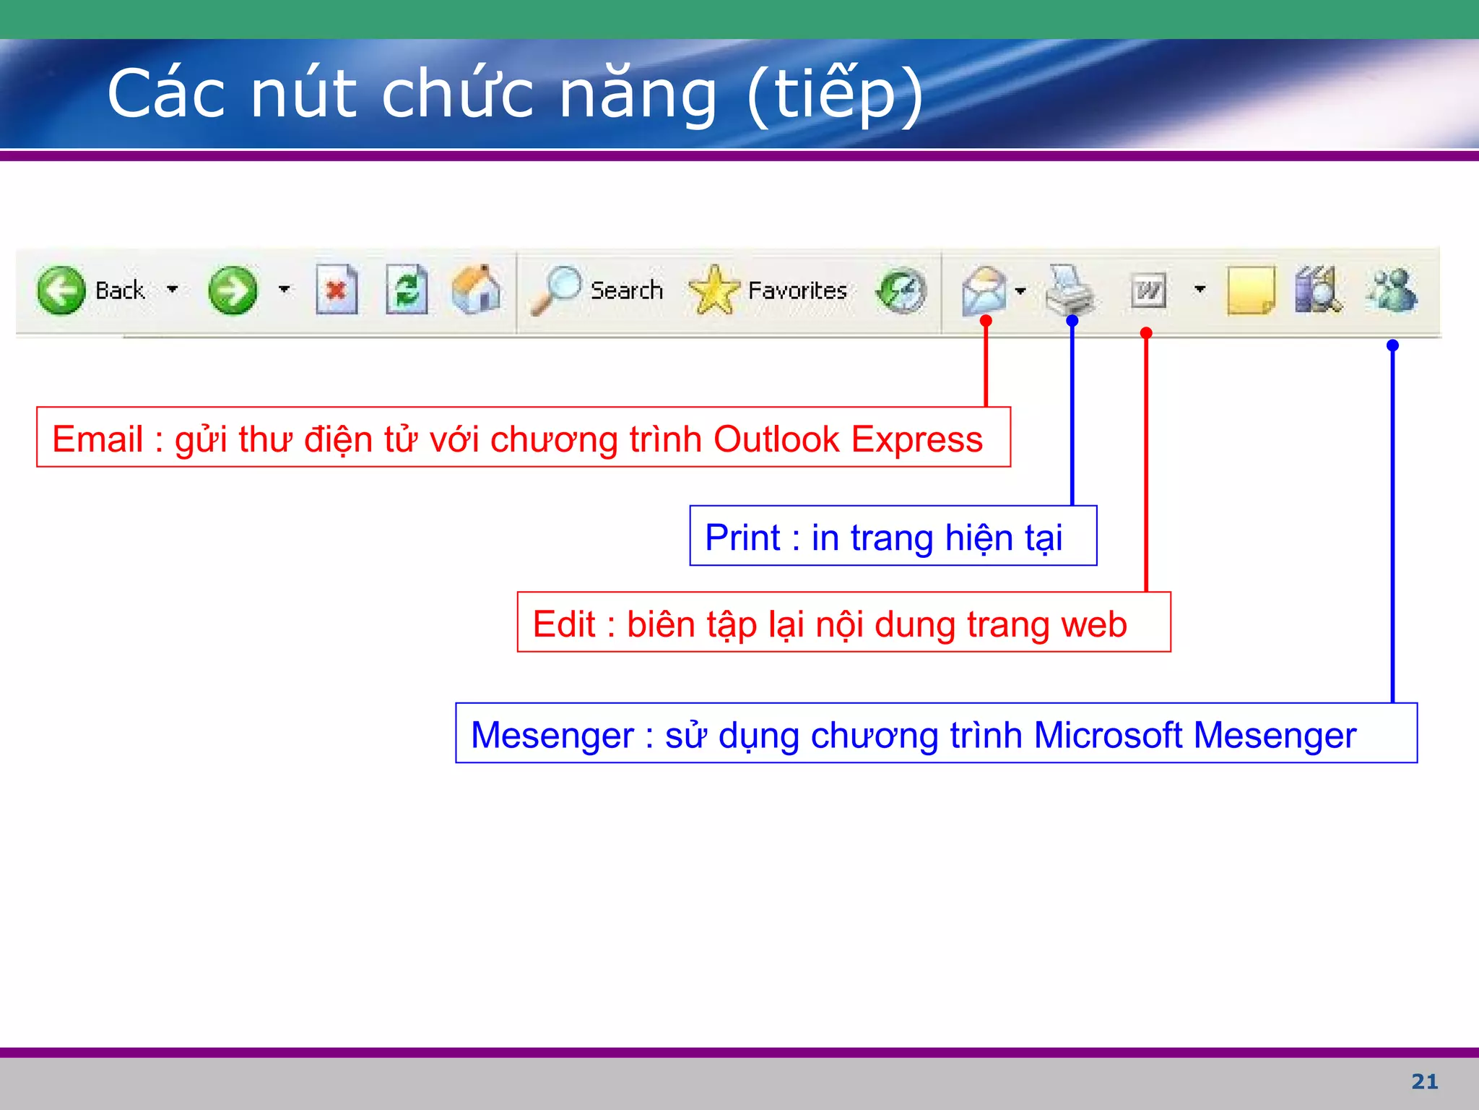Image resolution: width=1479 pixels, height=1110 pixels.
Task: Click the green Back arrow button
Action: [61, 290]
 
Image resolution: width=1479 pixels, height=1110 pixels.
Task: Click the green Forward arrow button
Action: [233, 290]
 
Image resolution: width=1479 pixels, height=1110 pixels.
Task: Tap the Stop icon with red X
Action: [337, 290]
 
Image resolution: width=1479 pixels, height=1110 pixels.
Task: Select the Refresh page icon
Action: [407, 290]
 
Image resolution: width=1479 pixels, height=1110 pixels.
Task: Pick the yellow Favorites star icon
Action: [714, 290]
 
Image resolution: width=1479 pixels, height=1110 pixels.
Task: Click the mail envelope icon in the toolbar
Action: [984, 290]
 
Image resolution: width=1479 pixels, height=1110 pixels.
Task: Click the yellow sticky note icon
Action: [1251, 290]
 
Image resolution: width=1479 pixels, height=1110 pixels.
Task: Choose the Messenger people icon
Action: [1392, 290]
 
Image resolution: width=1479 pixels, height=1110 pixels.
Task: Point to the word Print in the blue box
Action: [742, 538]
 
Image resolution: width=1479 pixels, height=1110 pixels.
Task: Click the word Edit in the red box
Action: [564, 624]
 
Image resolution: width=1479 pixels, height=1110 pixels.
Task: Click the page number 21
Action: [1424, 1081]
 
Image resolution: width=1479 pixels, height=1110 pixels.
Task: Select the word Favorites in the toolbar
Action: [797, 291]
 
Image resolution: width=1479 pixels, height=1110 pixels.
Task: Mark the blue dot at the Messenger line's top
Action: [1392, 345]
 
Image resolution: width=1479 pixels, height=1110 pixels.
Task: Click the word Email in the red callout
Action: [97, 439]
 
